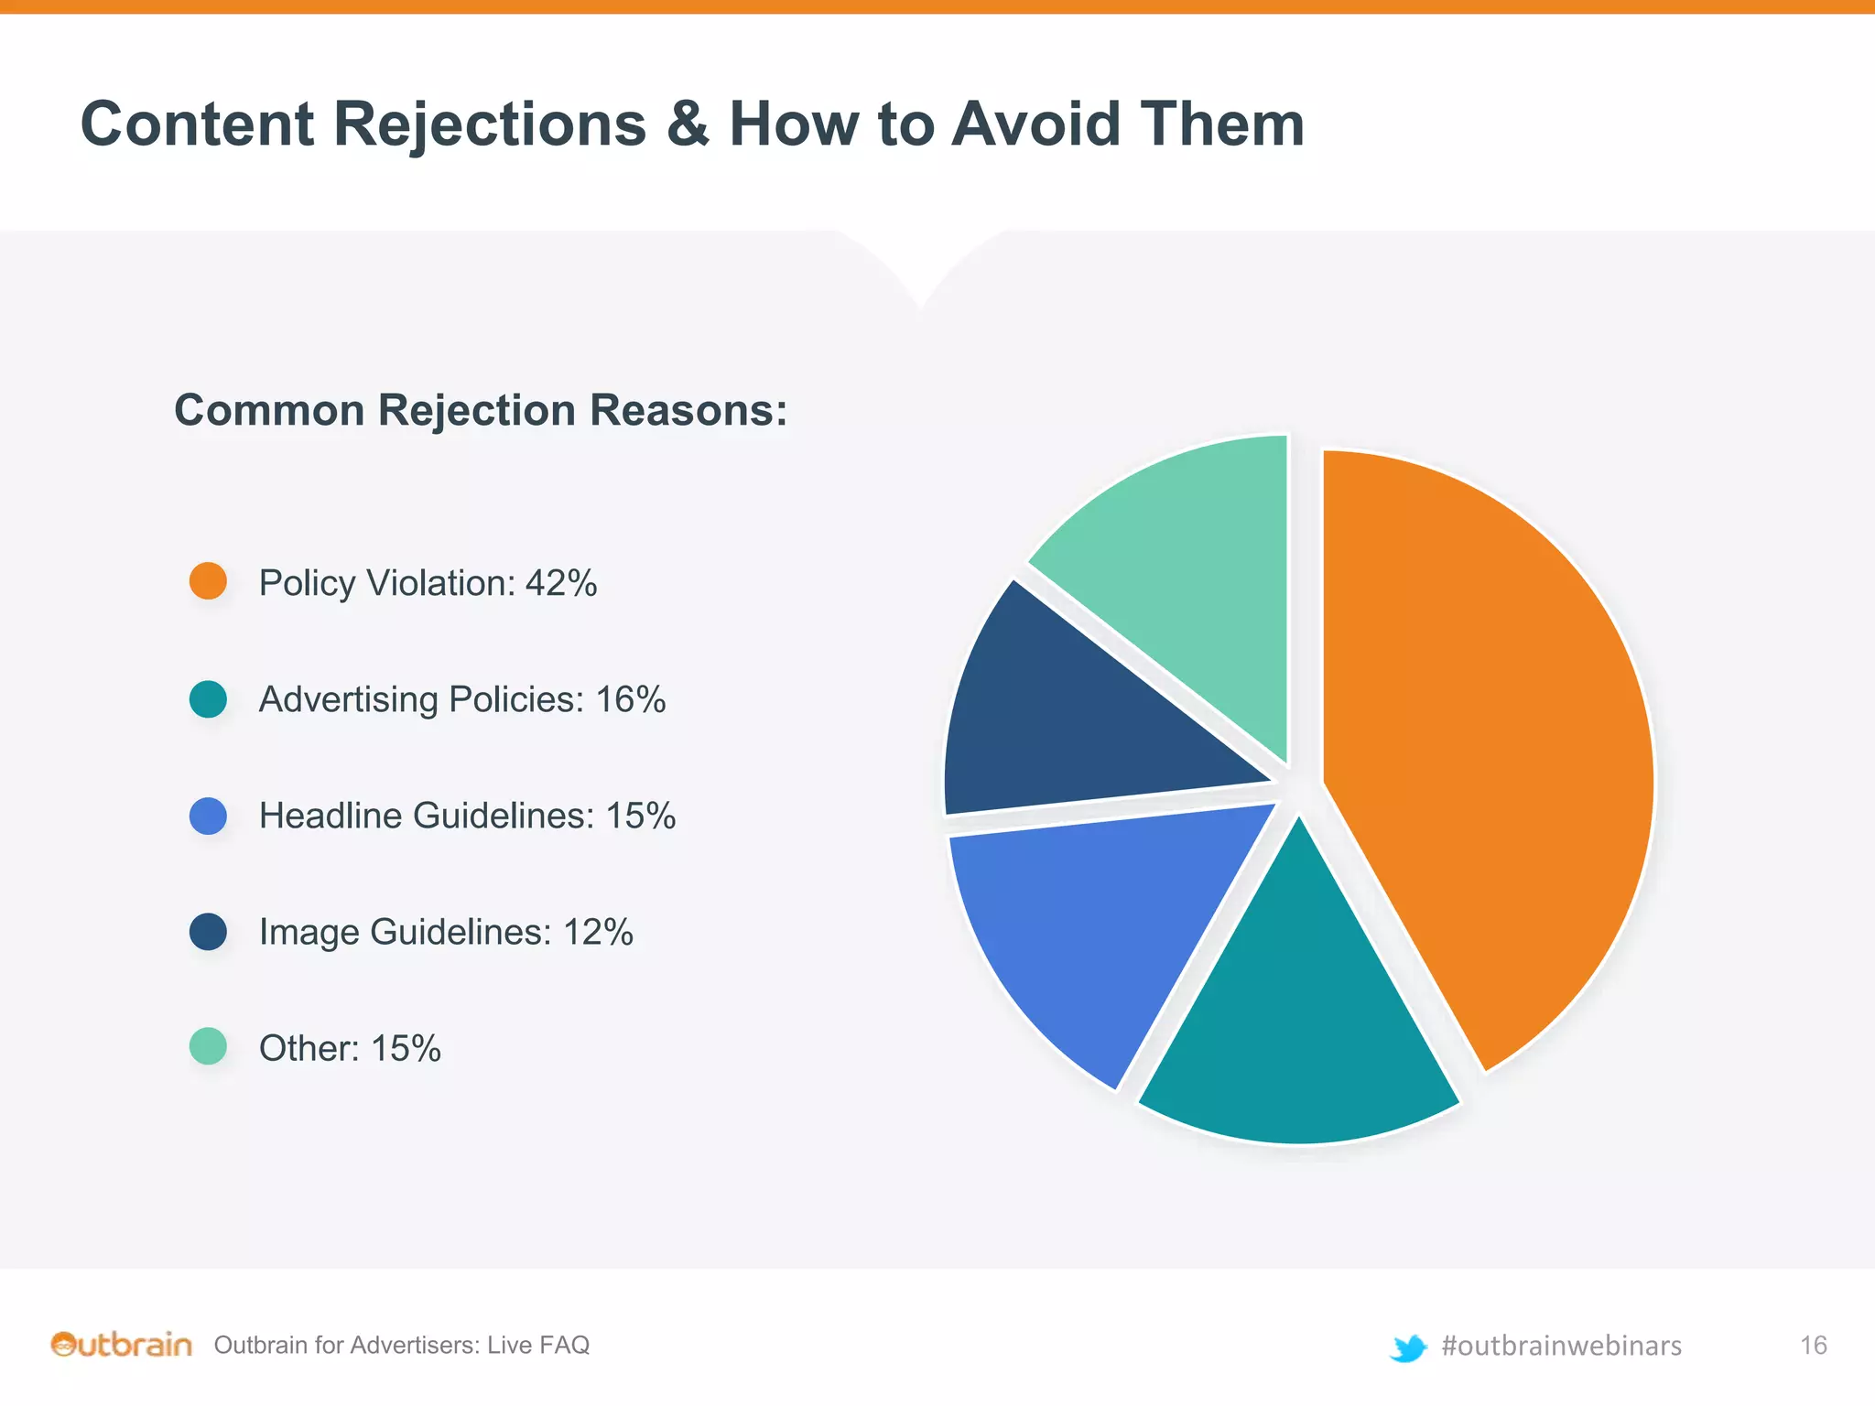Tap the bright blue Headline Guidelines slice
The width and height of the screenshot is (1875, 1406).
pyautogui.click(x=1099, y=925)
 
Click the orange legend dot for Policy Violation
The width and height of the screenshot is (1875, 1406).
pyautogui.click(x=208, y=581)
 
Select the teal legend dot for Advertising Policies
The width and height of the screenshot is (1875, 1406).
pyautogui.click(x=208, y=698)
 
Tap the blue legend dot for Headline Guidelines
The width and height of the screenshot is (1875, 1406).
pyautogui.click(x=208, y=816)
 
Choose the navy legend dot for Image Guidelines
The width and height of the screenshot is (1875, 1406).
pyautogui.click(x=208, y=932)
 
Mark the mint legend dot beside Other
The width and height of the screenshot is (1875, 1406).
pyautogui.click(x=208, y=1047)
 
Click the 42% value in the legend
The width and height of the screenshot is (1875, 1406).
pyautogui.click(x=561, y=583)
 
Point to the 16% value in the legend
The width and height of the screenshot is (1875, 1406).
pyautogui.click(x=631, y=699)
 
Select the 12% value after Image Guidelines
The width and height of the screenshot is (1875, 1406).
pyautogui.click(x=598, y=932)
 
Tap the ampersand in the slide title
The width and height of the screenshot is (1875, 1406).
pyautogui.click(x=688, y=124)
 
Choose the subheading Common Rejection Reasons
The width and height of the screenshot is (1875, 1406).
pyautogui.click(x=481, y=410)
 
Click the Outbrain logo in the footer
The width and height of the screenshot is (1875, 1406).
pyautogui.click(x=122, y=1345)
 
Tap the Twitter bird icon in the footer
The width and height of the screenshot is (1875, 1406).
pyautogui.click(x=1407, y=1347)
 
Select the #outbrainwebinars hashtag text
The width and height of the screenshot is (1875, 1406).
pyautogui.click(x=1561, y=1346)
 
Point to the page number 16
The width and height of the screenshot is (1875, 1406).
pyautogui.click(x=1813, y=1345)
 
